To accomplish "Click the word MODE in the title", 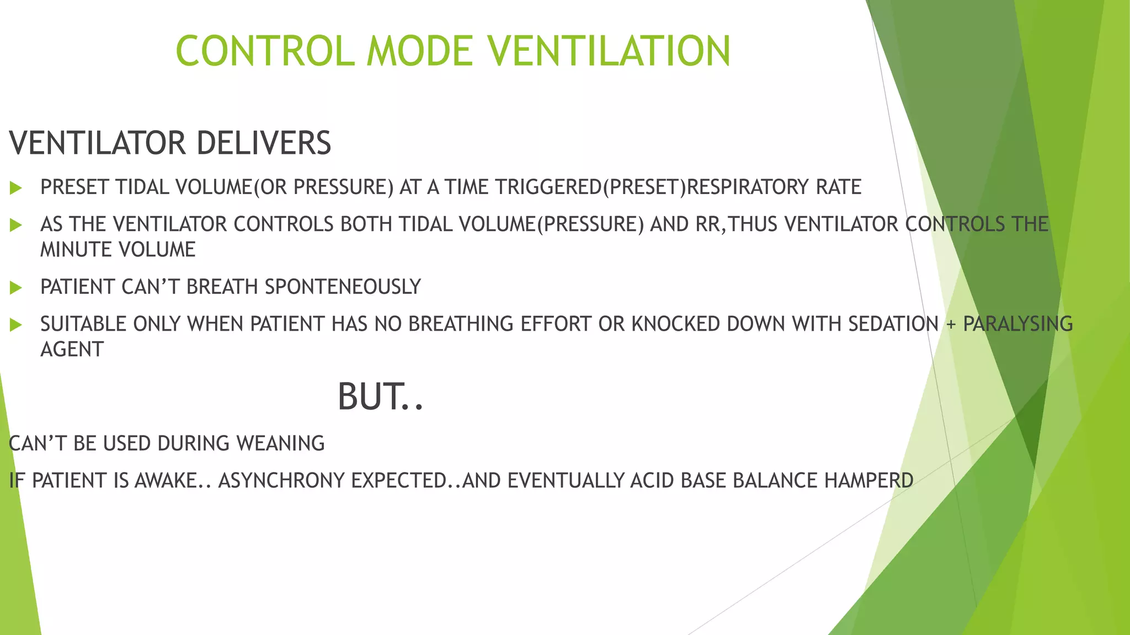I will [419, 51].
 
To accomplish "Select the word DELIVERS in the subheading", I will [263, 143].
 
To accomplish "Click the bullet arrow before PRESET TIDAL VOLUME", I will [16, 188].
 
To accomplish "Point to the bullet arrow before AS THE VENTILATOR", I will [16, 225].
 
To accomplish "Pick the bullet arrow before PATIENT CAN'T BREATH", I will [16, 287].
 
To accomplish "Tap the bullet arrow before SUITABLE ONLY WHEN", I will [16, 325].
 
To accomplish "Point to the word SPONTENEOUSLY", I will [343, 287].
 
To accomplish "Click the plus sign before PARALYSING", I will [950, 325].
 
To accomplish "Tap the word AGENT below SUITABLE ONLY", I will [72, 349].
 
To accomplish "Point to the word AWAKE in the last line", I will [166, 481].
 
